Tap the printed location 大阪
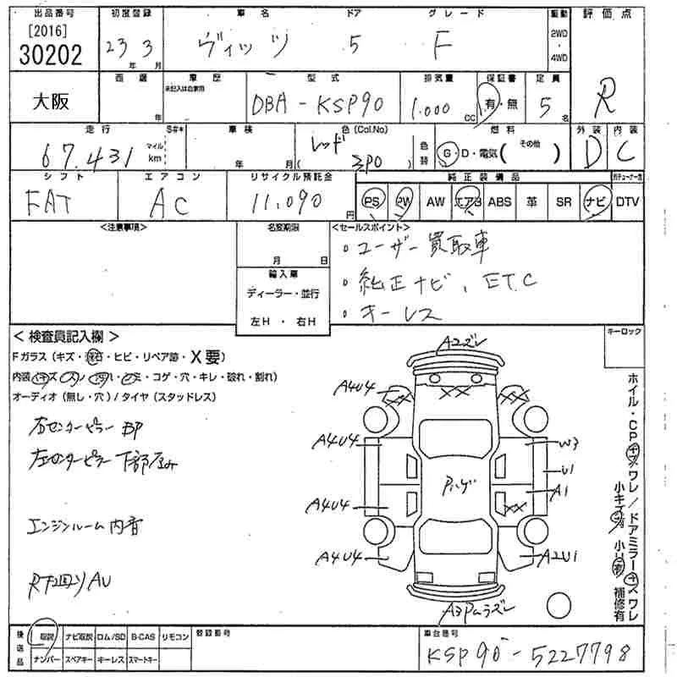tap(52, 101)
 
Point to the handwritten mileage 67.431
tap(93, 155)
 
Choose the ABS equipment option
tap(500, 201)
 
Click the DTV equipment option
tap(627, 201)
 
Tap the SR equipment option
tap(563, 201)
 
